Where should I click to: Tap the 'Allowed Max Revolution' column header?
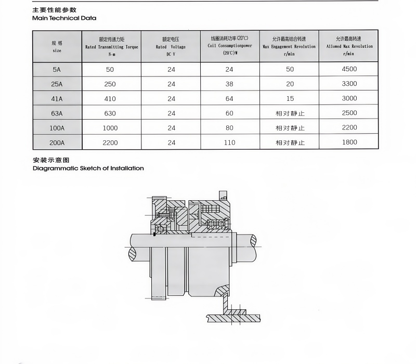(349, 46)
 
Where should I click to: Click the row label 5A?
(57, 69)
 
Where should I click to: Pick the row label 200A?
(57, 142)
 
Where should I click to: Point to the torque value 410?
(111, 98)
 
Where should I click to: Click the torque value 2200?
(111, 142)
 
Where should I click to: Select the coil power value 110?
(229, 142)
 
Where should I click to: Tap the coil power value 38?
(229, 84)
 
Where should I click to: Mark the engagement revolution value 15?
(290, 98)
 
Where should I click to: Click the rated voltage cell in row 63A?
(171, 113)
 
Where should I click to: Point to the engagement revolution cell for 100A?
(290, 128)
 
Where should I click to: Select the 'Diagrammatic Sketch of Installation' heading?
(88, 168)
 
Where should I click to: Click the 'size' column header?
(57, 47)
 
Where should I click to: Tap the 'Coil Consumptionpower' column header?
(229, 46)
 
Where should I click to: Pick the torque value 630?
(111, 113)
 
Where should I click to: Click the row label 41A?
(57, 98)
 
